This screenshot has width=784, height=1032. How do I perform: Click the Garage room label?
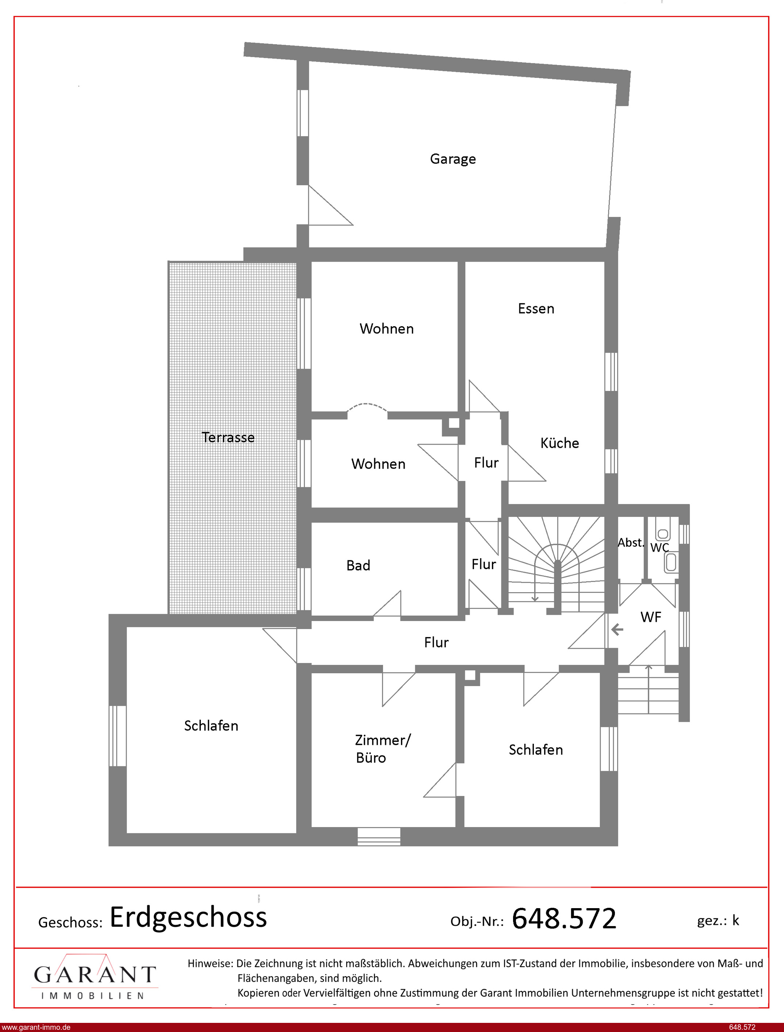coord(453,159)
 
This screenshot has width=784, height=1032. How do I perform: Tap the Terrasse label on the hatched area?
coord(228,437)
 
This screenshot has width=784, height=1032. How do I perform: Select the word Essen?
coord(536,309)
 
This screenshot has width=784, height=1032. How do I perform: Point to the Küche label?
coord(559,443)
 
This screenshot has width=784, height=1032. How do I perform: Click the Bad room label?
coord(358,565)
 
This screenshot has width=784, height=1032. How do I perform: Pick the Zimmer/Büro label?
coord(383,749)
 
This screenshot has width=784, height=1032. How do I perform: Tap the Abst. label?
coord(631,542)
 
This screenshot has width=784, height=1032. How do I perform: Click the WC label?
coord(659,548)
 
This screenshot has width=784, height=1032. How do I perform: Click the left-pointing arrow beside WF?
coord(617,630)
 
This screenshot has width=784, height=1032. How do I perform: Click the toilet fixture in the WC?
coord(670,562)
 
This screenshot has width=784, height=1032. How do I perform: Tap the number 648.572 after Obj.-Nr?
coord(564,919)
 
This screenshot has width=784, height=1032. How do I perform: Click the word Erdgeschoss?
coord(188,918)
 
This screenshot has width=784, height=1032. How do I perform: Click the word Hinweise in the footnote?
coord(210,963)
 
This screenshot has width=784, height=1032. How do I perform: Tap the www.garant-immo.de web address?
coord(35,1027)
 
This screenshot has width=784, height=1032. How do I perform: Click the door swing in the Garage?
coord(331,205)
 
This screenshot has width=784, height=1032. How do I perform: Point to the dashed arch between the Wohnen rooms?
coord(367,407)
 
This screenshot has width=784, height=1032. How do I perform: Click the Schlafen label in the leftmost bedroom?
coord(211,726)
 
